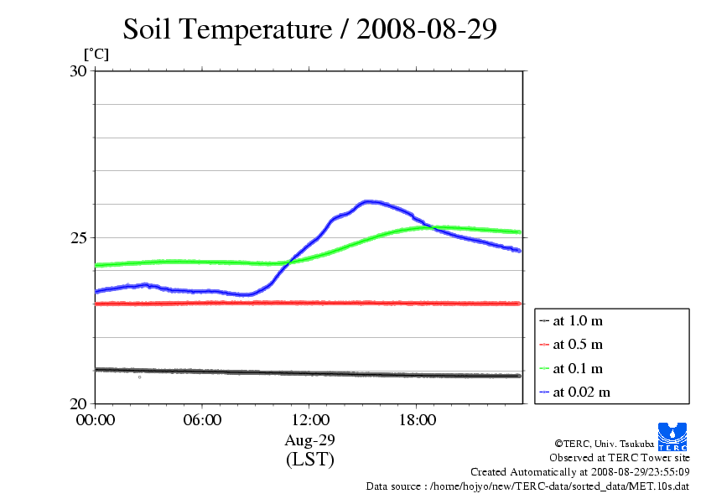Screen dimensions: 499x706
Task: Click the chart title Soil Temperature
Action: pyautogui.click(x=310, y=29)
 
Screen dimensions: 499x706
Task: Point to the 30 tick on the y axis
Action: pyautogui.click(x=78, y=71)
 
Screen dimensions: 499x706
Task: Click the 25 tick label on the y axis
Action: pyautogui.click(x=78, y=237)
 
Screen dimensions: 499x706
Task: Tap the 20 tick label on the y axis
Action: pyautogui.click(x=78, y=403)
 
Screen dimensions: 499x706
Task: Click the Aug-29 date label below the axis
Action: pyautogui.click(x=309, y=440)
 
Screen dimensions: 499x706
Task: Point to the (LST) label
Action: pyautogui.click(x=309, y=460)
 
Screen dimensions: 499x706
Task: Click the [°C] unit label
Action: pyautogui.click(x=95, y=54)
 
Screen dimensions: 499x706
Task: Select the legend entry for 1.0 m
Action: pyautogui.click(x=578, y=320)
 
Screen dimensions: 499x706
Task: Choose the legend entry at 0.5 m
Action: pyautogui.click(x=578, y=344)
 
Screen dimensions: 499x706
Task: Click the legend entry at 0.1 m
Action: pyautogui.click(x=578, y=368)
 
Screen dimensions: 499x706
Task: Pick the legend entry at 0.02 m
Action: pyautogui.click(x=580, y=392)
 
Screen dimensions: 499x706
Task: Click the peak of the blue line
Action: pyautogui.click(x=369, y=201)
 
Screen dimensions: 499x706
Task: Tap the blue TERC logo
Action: pyautogui.click(x=673, y=435)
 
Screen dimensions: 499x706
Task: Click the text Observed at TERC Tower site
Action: pyautogui.click(x=620, y=458)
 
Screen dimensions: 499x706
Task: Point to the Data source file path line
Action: pyautogui.click(x=527, y=486)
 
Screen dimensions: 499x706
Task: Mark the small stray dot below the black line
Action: pyautogui.click(x=140, y=377)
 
